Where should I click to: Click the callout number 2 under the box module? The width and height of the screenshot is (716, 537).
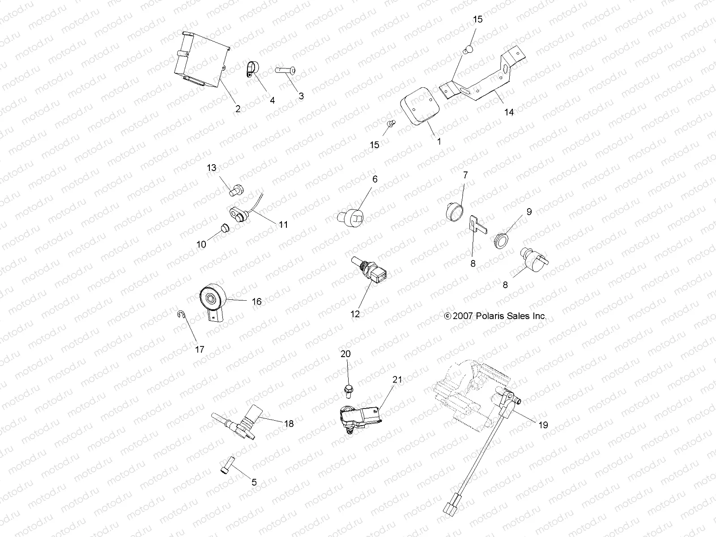(238, 109)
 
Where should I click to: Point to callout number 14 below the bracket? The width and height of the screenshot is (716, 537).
(509, 112)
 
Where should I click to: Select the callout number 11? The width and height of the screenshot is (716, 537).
(283, 224)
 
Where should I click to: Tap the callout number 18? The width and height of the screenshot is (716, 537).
(289, 423)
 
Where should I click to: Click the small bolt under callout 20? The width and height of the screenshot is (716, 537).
(348, 391)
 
